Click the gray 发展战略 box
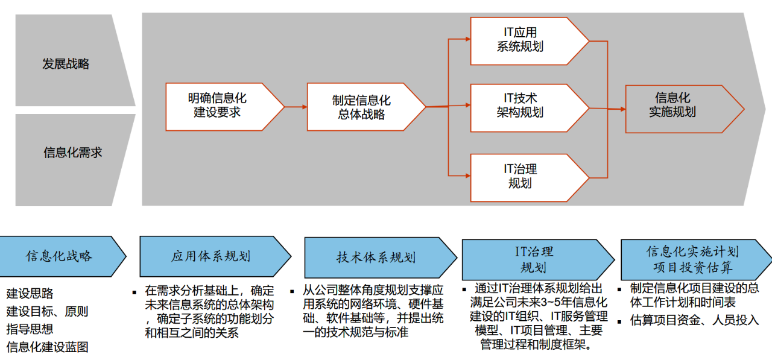(66, 63)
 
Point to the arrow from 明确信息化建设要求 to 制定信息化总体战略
(296, 107)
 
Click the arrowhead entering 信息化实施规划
(621, 109)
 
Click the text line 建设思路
(30, 294)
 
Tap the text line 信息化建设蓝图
(48, 347)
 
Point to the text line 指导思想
(30, 329)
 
